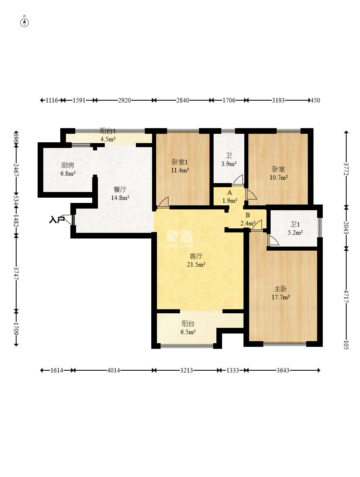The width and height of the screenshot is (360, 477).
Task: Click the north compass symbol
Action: [x=24, y=22]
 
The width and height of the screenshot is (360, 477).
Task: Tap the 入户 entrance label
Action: [x=57, y=220]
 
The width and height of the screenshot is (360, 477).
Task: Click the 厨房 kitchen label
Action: [x=68, y=165]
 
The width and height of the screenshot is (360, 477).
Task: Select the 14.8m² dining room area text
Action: [x=120, y=198]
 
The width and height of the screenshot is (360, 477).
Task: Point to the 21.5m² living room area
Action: [x=196, y=265]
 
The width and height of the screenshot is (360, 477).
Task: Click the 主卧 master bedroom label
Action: [x=280, y=289]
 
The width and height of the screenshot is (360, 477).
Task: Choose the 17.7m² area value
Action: [x=281, y=297]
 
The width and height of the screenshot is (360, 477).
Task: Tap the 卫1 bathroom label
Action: [x=295, y=224]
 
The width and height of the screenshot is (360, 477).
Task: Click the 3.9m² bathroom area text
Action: [x=229, y=164]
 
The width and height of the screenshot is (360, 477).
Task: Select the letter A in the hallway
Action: [x=229, y=192]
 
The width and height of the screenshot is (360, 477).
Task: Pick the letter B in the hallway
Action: [x=248, y=215]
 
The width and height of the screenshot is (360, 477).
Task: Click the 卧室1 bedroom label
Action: [x=180, y=162]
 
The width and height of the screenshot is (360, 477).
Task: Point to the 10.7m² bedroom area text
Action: [x=279, y=177]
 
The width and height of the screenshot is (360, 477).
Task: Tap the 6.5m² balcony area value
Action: [x=188, y=332]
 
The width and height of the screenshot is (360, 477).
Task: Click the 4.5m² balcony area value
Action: [x=108, y=139]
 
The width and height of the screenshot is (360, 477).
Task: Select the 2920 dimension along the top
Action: [x=125, y=100]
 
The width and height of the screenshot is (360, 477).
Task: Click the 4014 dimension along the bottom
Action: [x=114, y=370]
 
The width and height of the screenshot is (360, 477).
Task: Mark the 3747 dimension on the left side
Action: [x=16, y=274]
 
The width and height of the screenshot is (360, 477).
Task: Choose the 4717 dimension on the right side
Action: [x=346, y=296]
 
